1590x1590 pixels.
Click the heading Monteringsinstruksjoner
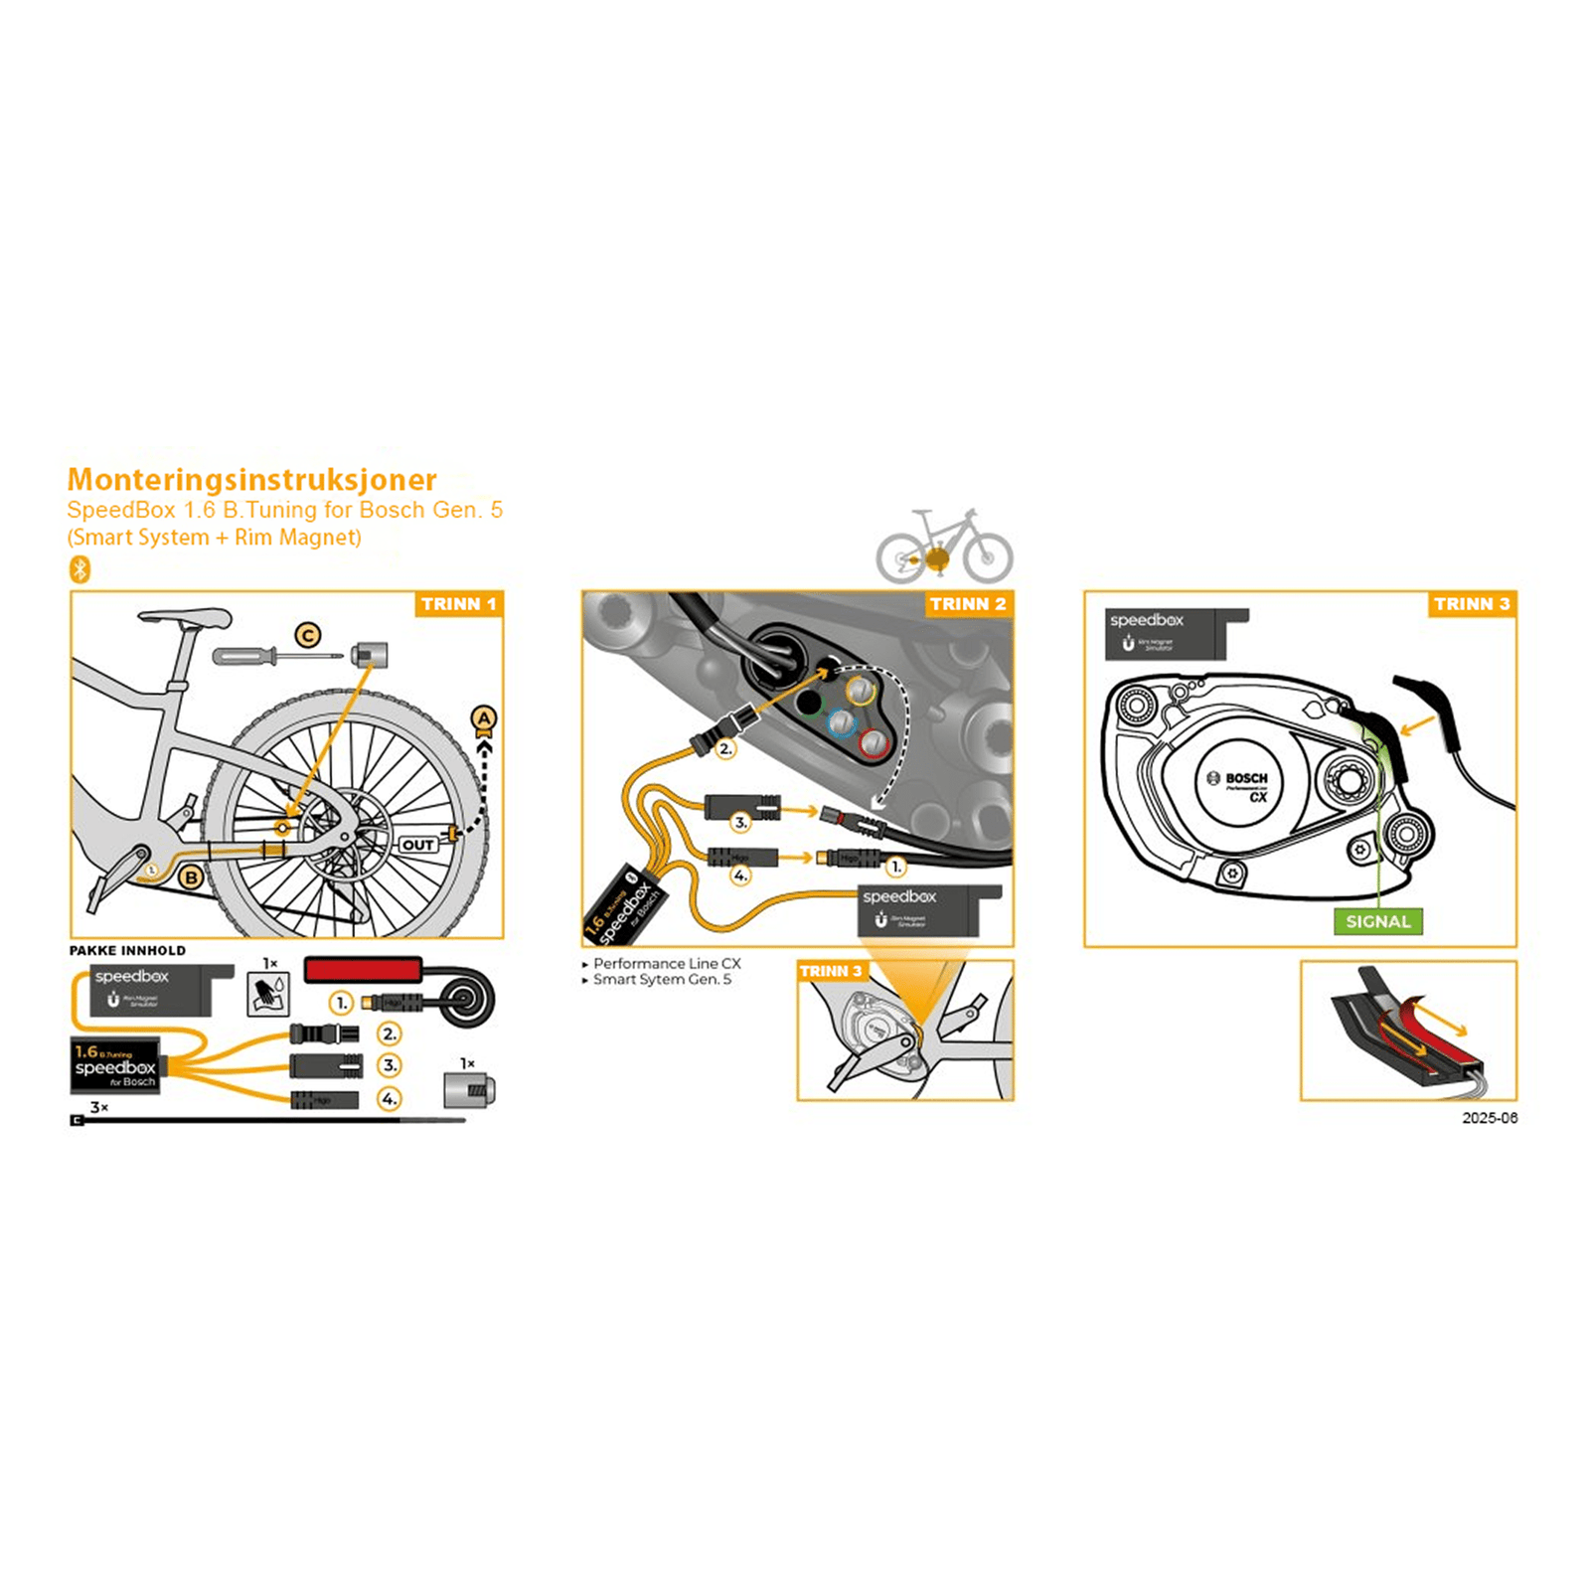[251, 480]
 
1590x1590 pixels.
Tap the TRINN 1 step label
[458, 604]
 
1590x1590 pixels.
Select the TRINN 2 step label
[967, 604]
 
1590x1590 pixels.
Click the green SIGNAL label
[1377, 921]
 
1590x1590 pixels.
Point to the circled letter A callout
[483, 718]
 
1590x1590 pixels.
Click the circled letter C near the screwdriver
[308, 635]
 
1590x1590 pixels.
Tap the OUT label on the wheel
[417, 845]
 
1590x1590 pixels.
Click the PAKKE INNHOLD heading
[127, 950]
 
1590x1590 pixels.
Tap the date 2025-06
[1489, 1118]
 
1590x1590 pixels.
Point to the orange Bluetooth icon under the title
[80, 569]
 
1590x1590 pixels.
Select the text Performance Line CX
[666, 964]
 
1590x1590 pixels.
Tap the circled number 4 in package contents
[390, 1099]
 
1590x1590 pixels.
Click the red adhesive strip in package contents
[363, 969]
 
